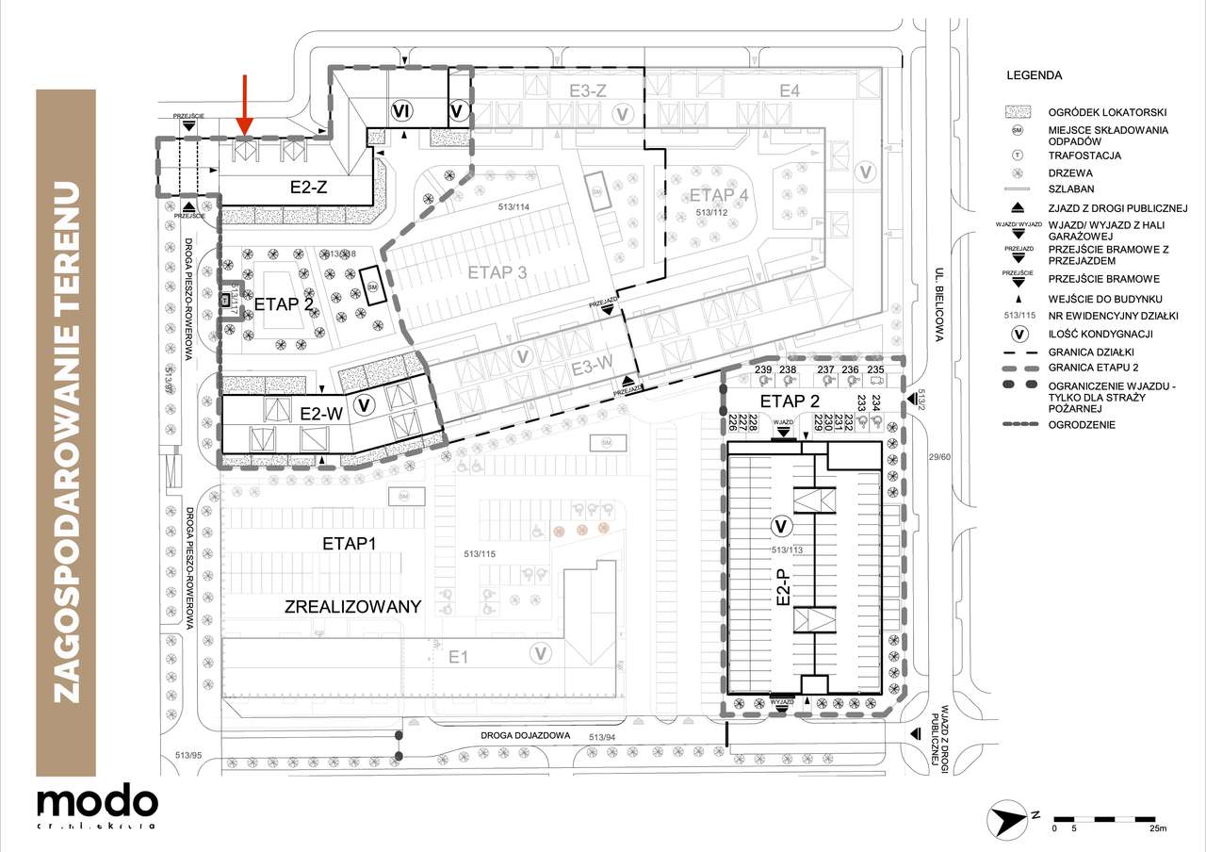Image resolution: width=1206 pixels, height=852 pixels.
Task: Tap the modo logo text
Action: click(x=97, y=802)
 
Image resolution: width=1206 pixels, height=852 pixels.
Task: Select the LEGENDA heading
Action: click(x=1034, y=75)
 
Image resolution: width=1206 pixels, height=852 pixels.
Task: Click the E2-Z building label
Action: click(x=308, y=188)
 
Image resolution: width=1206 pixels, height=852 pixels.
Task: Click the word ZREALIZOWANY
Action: click(x=351, y=606)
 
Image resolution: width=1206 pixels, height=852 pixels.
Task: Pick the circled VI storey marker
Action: click(x=400, y=112)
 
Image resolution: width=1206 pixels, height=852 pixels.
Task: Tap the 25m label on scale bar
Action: click(x=1157, y=829)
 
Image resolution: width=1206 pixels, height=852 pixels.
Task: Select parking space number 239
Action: click(x=762, y=369)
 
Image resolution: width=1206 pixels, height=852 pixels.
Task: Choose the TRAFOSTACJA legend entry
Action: click(x=1084, y=156)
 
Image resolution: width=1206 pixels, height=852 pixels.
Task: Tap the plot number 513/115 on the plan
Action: click(x=475, y=553)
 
